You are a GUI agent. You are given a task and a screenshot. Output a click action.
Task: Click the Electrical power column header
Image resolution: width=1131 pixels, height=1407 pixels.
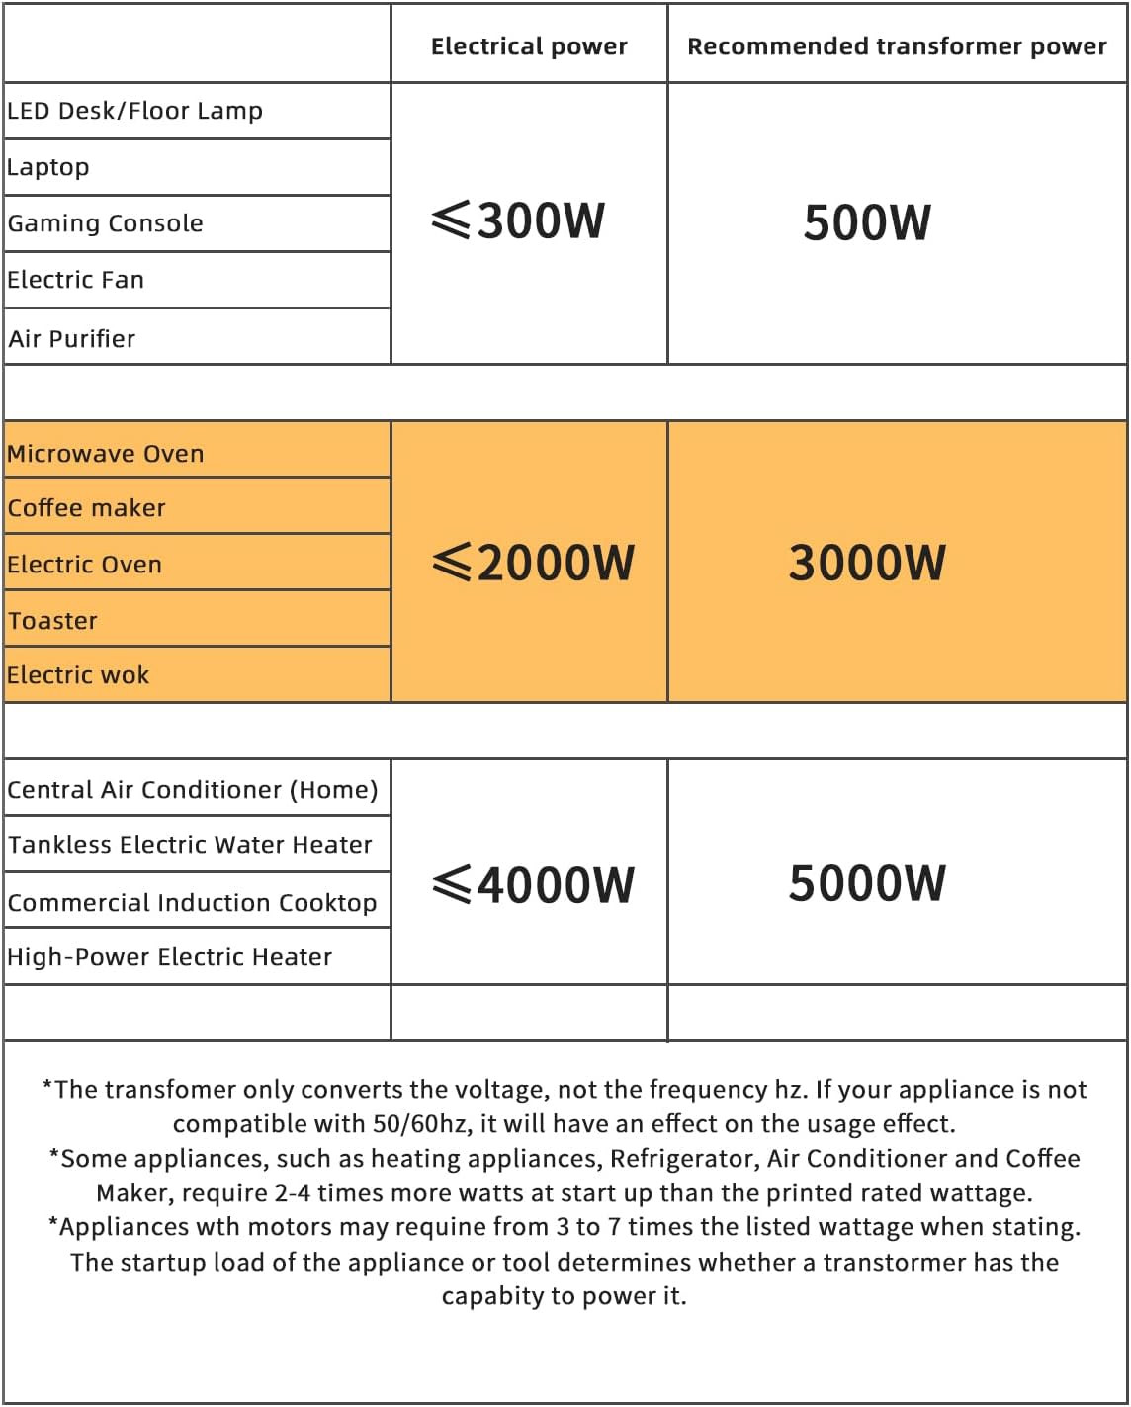pos(529,46)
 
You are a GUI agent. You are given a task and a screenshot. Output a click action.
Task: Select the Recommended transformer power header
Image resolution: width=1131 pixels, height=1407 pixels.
pos(897,46)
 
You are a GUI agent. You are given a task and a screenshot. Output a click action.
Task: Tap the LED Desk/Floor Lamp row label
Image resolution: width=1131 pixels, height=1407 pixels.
pos(135,111)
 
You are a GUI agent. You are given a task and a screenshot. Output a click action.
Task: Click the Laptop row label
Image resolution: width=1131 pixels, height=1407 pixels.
pos(48,167)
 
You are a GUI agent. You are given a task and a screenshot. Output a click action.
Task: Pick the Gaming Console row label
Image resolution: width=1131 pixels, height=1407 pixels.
pos(106,223)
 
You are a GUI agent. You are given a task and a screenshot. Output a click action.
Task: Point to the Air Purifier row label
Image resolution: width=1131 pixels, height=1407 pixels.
pos(72,339)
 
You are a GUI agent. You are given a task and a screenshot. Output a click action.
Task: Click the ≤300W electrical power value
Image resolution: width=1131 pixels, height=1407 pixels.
pos(518,220)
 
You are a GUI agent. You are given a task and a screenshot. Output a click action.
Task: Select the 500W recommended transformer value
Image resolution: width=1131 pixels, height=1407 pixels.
pos(867,222)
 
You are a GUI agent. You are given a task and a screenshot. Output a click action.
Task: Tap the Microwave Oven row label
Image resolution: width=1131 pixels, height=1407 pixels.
pos(106,454)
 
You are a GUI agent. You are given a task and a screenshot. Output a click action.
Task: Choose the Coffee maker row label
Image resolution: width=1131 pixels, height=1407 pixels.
pos(87,508)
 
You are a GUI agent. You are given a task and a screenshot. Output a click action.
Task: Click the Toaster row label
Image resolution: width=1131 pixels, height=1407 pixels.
pos(53,621)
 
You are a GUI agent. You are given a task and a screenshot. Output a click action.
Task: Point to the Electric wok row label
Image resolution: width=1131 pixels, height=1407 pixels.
pos(78,675)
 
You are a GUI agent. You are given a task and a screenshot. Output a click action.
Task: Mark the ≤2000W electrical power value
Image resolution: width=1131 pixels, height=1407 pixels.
pos(533,563)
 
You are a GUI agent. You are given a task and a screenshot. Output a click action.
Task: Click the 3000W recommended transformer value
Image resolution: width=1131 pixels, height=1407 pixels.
pos(867,563)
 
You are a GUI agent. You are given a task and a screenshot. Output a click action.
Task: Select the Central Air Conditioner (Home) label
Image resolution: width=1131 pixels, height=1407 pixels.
pos(193,790)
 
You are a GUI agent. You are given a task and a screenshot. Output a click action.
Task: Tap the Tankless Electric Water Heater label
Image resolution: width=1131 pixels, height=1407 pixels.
pos(190,845)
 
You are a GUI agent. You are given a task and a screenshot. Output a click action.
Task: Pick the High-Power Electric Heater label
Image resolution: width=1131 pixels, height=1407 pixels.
pos(170,957)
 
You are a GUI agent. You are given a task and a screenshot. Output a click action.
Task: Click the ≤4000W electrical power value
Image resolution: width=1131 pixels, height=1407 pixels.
pos(533,884)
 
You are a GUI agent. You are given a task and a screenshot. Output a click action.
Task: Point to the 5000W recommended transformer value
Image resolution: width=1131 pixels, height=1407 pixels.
pos(867,883)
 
